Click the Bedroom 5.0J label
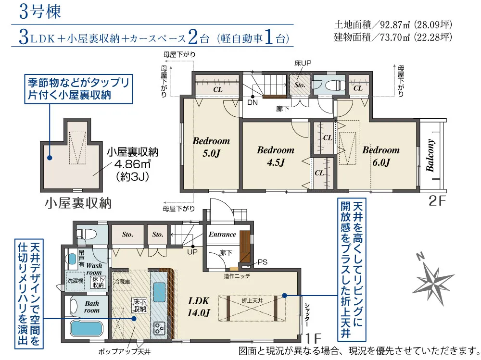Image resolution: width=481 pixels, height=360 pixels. [211, 147]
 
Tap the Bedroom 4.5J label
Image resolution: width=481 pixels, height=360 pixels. [276, 156]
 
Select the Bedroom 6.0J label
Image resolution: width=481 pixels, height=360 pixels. [381, 156]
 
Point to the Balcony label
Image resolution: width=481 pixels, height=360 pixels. [430, 155]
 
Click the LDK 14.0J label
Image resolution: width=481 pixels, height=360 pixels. [199, 307]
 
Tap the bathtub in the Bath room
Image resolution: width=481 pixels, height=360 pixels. [86, 328]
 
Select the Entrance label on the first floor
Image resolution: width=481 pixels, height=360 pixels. [222, 235]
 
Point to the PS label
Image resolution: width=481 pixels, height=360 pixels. [262, 262]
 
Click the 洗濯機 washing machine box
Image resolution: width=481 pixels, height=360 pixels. [75, 281]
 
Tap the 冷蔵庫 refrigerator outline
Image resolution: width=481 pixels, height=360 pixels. [122, 282]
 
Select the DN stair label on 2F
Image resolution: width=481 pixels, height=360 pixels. [253, 102]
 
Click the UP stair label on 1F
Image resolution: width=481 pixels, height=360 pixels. [192, 252]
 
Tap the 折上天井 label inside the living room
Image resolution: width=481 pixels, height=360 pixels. [252, 301]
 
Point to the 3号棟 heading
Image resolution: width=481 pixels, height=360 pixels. [40, 12]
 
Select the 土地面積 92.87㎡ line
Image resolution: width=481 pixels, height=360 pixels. [393, 24]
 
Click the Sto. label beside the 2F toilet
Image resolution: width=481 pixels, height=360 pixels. [300, 85]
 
